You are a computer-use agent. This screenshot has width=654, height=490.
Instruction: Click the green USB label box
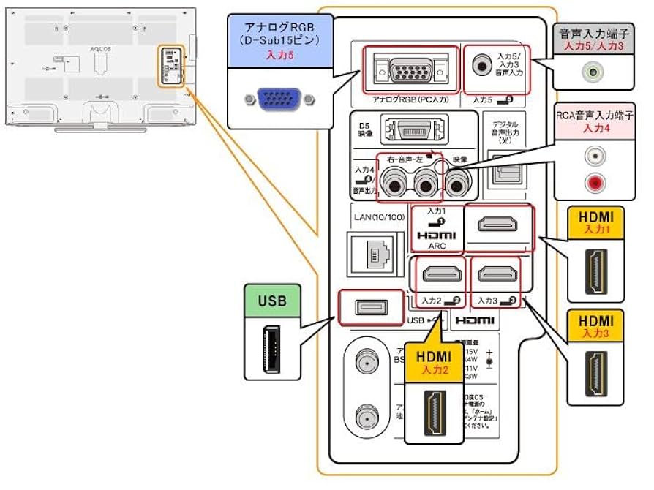click(272, 301)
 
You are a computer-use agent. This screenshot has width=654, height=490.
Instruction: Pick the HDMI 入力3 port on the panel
click(495, 274)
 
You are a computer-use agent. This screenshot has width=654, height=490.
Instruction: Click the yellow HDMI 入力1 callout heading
click(595, 221)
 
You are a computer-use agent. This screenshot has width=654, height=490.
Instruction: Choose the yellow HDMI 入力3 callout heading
click(595, 325)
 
